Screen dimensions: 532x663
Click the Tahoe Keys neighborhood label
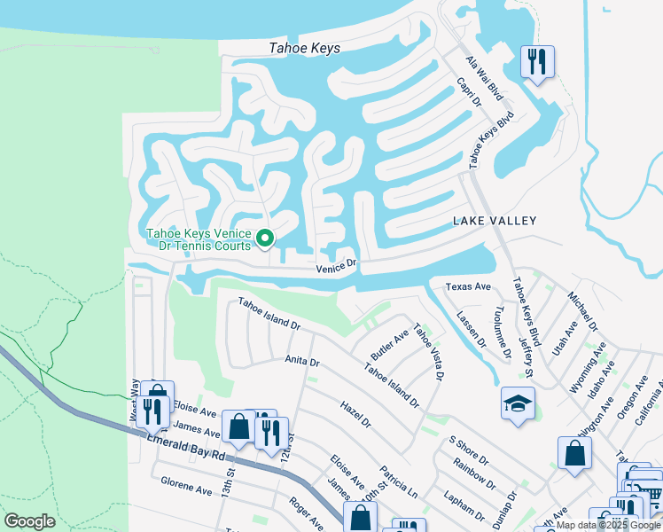coord(305,50)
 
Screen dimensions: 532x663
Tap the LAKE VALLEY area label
coord(495,220)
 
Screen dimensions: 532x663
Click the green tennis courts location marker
coord(264,238)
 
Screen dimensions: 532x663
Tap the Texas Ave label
coord(468,287)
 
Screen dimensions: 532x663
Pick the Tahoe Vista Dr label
coord(427,353)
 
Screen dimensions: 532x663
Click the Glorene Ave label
coord(186,487)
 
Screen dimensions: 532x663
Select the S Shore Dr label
coord(469,450)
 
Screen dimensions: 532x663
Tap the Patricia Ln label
coord(398,479)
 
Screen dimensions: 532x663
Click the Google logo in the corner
coord(30,521)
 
